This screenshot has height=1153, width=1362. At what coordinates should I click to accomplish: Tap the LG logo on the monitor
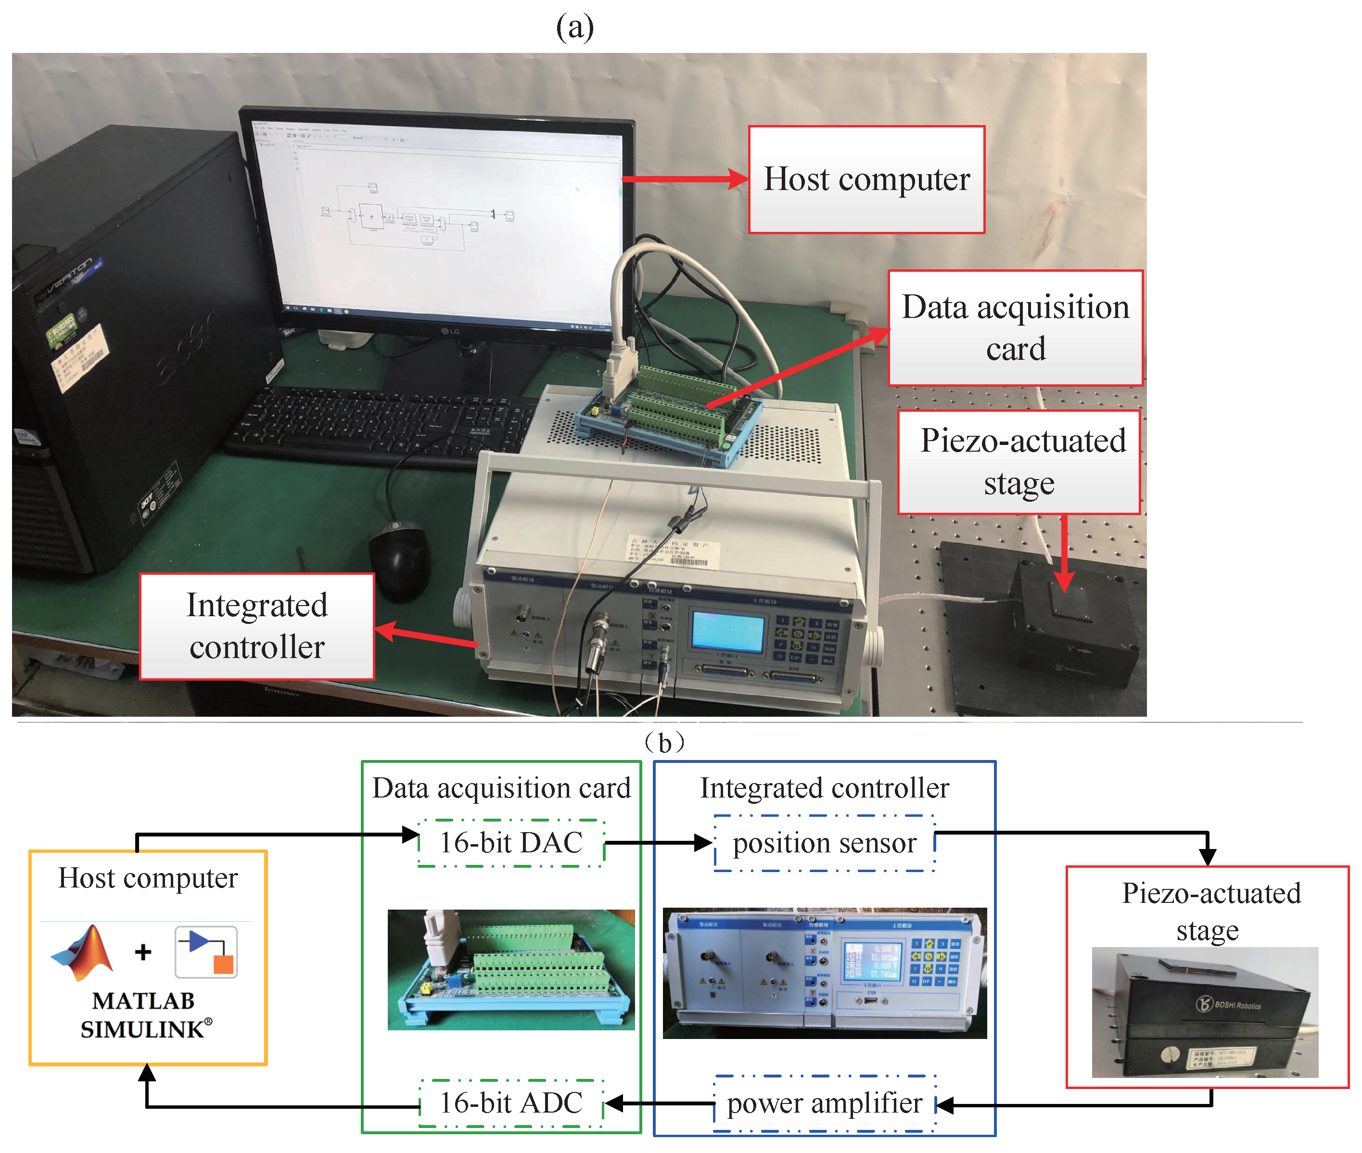click(x=450, y=331)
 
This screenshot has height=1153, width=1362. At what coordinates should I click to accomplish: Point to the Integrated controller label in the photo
click(x=257, y=626)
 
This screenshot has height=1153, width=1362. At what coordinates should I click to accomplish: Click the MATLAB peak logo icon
click(x=84, y=952)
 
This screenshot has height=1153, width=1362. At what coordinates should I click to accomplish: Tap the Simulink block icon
click(x=206, y=951)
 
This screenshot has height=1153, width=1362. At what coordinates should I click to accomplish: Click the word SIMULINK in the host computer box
click(x=142, y=1029)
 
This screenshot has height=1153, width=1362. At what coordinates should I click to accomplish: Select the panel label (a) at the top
click(x=575, y=27)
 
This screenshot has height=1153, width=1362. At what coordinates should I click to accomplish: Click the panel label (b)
click(x=664, y=743)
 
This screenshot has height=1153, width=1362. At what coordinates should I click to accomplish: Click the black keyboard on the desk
click(x=379, y=425)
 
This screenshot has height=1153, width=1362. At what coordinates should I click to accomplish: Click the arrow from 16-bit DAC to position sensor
click(x=657, y=843)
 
